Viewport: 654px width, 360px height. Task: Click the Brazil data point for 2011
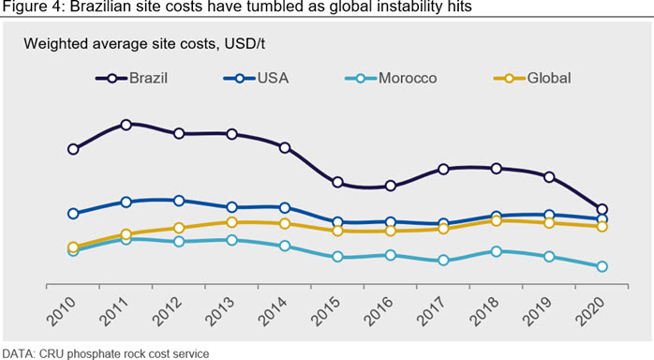(126, 125)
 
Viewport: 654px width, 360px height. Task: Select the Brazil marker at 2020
(602, 209)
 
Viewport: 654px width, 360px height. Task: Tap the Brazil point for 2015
(338, 182)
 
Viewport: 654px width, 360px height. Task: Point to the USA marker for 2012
(179, 201)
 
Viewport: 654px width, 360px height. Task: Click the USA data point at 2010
(73, 214)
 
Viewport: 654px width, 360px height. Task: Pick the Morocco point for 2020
(602, 266)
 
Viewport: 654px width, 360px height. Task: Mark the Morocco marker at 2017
(443, 261)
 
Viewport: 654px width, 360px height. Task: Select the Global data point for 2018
(496, 220)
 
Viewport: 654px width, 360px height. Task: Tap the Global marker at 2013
(232, 222)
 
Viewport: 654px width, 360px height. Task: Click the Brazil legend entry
(131, 78)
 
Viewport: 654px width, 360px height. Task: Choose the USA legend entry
(256, 78)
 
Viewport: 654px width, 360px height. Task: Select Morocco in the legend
(391, 78)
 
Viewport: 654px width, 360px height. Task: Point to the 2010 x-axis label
(61, 311)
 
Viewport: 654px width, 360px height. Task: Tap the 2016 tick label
(379, 311)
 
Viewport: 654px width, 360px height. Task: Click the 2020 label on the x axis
(590, 311)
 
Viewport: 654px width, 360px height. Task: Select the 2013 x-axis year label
(220, 311)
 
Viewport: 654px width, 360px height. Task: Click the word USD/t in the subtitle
(245, 43)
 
